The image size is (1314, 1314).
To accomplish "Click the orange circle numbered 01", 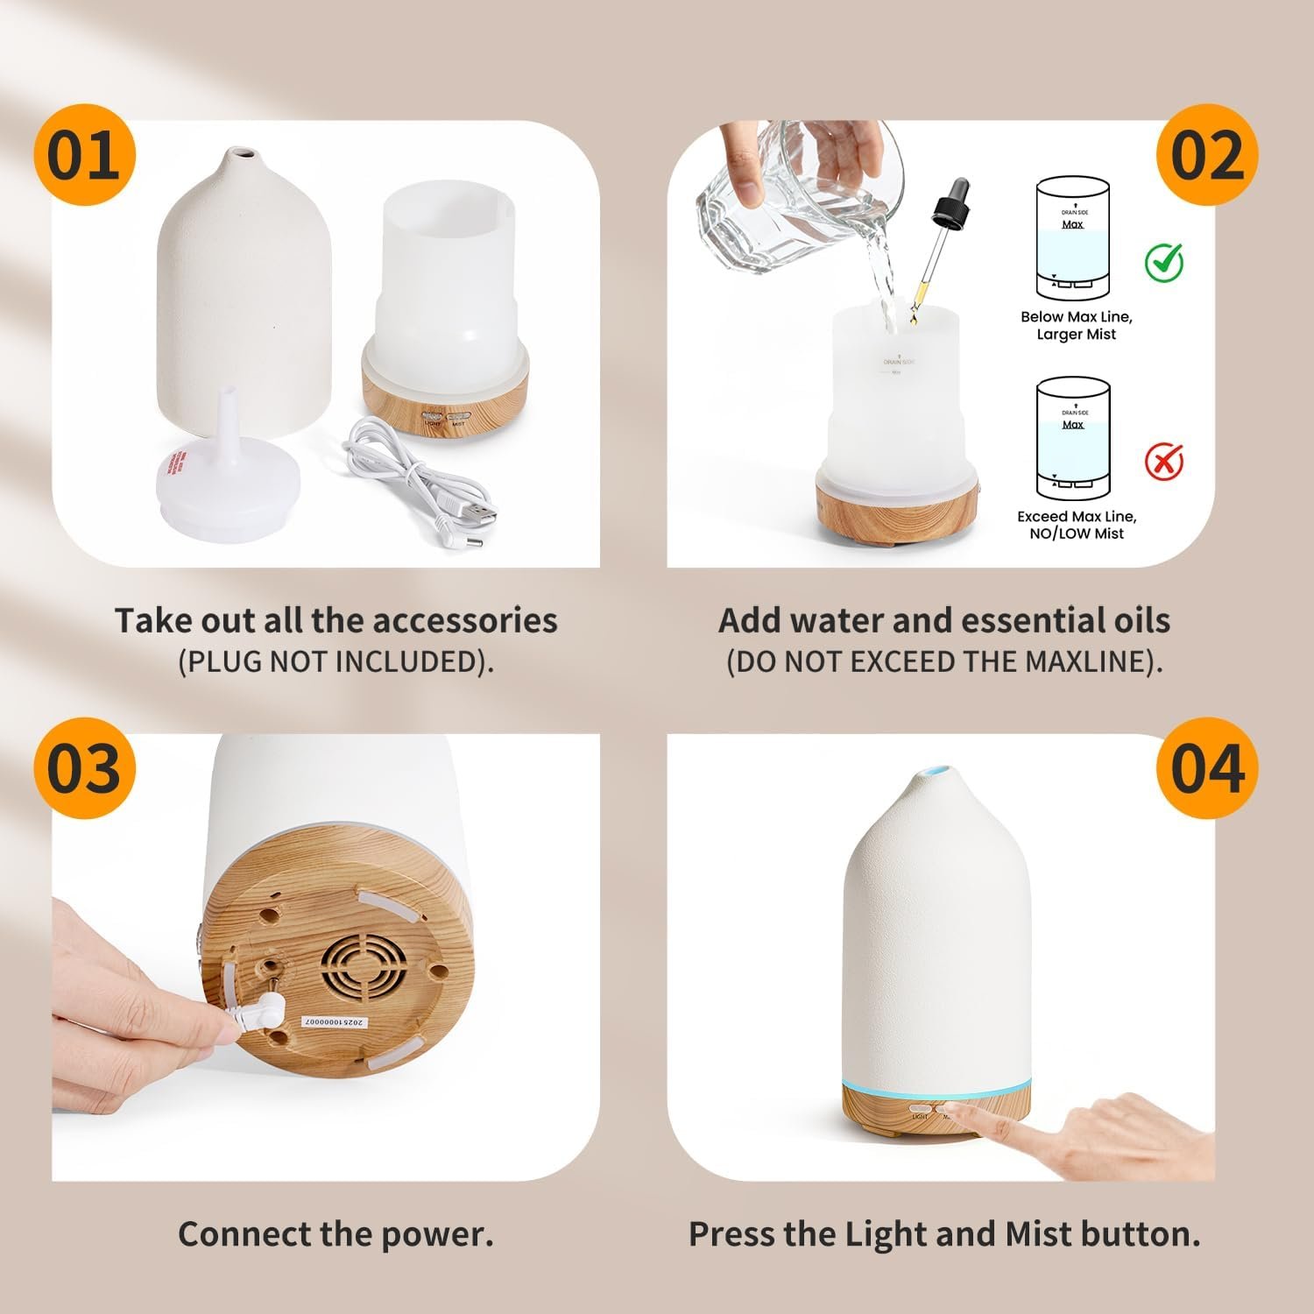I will pos(84,156).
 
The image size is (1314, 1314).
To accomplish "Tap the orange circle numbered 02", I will pos(1207,156).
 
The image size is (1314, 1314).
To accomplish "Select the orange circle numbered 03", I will pos(84,768).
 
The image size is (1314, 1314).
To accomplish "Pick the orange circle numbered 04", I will pos(1207,768).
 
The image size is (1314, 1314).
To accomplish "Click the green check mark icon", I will pos(1164,262).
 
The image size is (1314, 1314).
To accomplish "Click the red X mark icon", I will pos(1164,462).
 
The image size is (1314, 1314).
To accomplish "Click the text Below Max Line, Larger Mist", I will pos(1076,326).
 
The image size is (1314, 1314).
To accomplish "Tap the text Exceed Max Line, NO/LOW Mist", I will pos(1076,525).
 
